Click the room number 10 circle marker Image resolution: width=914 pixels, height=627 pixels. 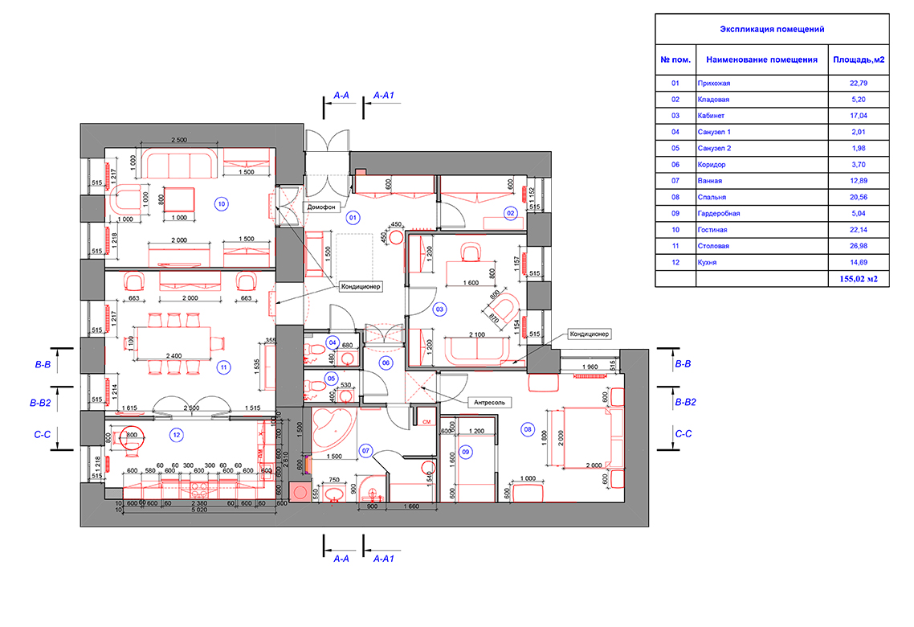tap(222, 204)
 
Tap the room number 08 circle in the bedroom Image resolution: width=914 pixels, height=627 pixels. tap(528, 429)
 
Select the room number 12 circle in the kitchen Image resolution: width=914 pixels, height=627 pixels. tap(176, 435)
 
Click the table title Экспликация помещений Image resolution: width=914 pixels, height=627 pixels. tap(772, 29)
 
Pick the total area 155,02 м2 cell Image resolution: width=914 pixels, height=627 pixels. tap(859, 279)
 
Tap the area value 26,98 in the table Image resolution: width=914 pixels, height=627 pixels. tap(859, 246)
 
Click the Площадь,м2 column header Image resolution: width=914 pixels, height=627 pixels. tap(859, 59)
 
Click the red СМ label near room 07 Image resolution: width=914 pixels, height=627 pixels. tap(426, 420)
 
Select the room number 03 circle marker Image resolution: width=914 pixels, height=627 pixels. tap(439, 309)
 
